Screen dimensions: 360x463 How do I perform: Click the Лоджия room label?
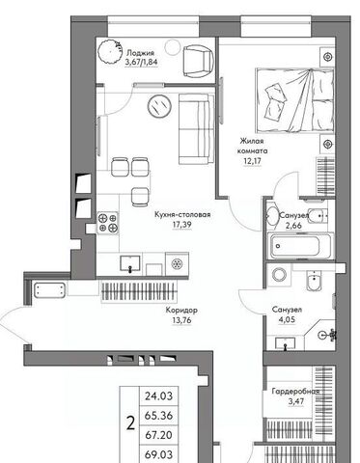(x=140, y=53)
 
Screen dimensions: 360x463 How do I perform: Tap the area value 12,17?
(x=252, y=160)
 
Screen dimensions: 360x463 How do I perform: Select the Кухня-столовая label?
(x=182, y=214)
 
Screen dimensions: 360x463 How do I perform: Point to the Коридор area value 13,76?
(x=181, y=320)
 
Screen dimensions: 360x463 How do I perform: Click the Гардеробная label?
(x=295, y=392)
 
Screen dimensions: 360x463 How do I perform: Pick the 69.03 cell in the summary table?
(x=158, y=454)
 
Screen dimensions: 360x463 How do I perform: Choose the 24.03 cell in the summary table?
(x=158, y=396)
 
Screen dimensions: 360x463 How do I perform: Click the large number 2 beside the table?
(x=130, y=424)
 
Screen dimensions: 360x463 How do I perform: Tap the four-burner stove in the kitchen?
(x=108, y=223)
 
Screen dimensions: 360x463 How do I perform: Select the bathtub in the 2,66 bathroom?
(x=300, y=246)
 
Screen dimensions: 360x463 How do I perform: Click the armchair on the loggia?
(x=198, y=61)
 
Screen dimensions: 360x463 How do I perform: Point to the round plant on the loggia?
(x=111, y=51)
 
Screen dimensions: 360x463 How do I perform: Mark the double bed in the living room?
(x=294, y=100)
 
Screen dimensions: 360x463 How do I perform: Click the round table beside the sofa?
(x=159, y=106)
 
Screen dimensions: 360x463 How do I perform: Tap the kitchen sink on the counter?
(x=130, y=263)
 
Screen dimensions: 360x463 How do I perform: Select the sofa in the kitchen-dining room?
(x=196, y=129)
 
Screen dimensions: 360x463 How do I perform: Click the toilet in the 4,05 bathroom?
(x=313, y=281)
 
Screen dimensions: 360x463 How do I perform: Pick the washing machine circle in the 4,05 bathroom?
(x=279, y=275)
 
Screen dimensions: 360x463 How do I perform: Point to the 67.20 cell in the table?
(x=158, y=435)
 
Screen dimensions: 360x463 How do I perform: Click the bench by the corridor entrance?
(x=49, y=290)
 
